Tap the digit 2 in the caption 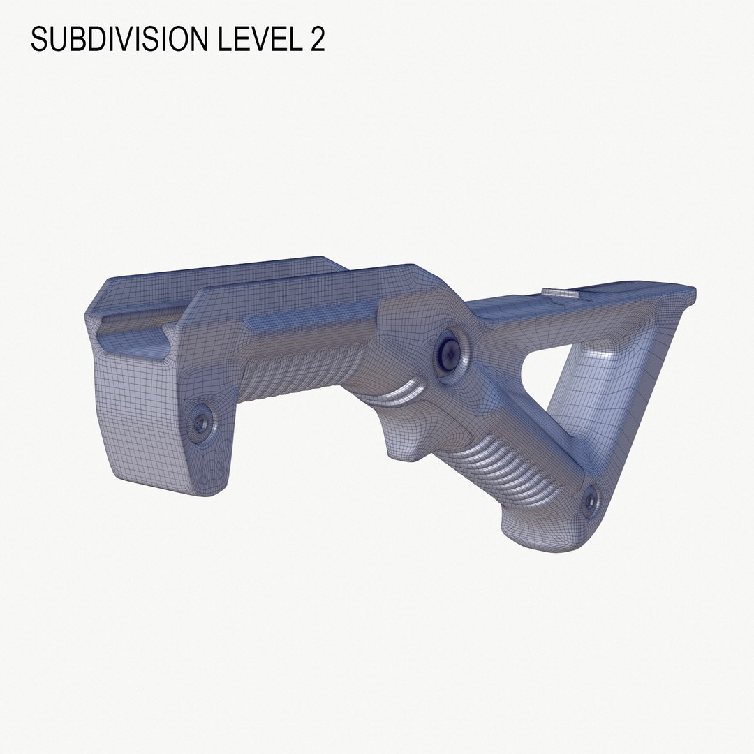point(316,40)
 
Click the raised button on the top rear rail point(561,293)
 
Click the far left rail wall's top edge point(209,269)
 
